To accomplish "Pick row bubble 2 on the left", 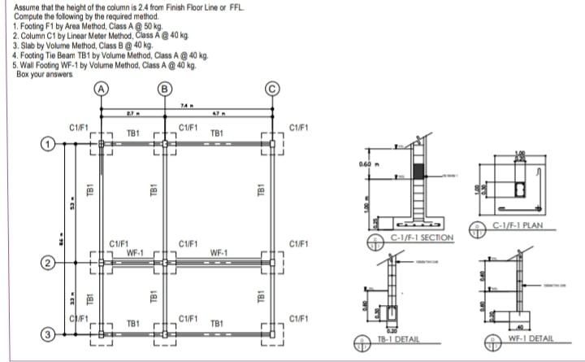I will pyautogui.click(x=48, y=263).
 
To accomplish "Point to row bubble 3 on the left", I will pyautogui.click(x=48, y=334).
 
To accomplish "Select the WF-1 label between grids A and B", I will pyautogui.click(x=135, y=253).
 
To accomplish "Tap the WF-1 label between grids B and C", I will pyautogui.click(x=219, y=253).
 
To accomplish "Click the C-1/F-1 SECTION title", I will pyautogui.click(x=421, y=237).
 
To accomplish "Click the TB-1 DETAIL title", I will pyautogui.click(x=399, y=338).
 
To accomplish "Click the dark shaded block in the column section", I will pyautogui.click(x=418, y=172).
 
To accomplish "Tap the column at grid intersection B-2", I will pyautogui.click(x=166, y=263).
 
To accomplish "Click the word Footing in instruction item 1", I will pyautogui.click(x=32, y=27).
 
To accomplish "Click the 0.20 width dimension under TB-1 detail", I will pyautogui.click(x=392, y=329).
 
